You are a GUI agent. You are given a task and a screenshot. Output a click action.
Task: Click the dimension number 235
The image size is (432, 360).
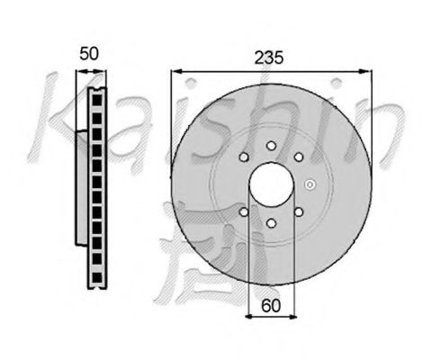[268, 58]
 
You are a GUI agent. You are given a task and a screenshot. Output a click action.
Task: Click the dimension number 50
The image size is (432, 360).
[89, 54]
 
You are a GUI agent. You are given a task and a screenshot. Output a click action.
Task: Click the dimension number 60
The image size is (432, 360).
[271, 306]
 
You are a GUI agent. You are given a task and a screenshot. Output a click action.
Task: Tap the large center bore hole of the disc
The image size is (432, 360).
[271, 184]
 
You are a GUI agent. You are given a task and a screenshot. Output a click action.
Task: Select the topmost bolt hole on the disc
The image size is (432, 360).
[271, 146]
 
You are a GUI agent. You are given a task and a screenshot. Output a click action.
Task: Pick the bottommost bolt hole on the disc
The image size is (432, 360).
[271, 223]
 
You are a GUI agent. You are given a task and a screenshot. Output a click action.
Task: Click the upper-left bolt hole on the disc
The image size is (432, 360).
[244, 157]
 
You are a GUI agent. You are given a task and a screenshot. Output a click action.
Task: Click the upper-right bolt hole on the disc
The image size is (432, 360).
[299, 157]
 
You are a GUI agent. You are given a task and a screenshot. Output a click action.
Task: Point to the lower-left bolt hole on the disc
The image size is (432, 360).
[244, 212]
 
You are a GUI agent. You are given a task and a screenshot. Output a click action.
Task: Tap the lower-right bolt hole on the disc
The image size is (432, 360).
[299, 212]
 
